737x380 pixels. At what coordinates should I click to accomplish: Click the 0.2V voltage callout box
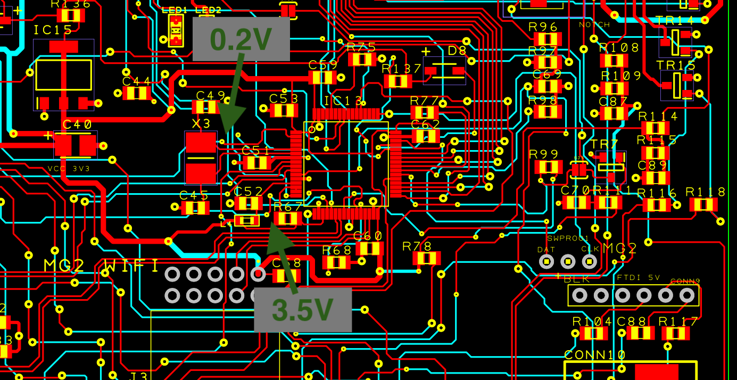[x=241, y=38]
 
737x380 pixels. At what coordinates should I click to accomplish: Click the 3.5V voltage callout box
[x=302, y=310]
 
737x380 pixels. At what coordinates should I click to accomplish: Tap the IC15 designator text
[x=53, y=30]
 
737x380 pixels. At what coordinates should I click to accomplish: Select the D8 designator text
[x=457, y=52]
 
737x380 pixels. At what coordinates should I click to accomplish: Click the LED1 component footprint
[x=176, y=31]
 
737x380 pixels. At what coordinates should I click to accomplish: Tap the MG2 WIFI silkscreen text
[x=101, y=265]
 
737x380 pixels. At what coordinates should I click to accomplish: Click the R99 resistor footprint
[x=548, y=167]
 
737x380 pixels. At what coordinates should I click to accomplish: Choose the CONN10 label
[x=594, y=354]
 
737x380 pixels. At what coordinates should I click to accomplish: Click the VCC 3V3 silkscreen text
[x=70, y=168]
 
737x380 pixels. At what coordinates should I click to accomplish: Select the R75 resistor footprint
[x=362, y=59]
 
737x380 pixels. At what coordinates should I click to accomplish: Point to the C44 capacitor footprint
[x=136, y=94]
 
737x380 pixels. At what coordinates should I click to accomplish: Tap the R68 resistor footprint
[x=336, y=262]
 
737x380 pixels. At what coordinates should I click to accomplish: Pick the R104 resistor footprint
[x=593, y=334]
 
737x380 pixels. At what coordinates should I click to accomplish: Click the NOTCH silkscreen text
[x=594, y=25]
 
